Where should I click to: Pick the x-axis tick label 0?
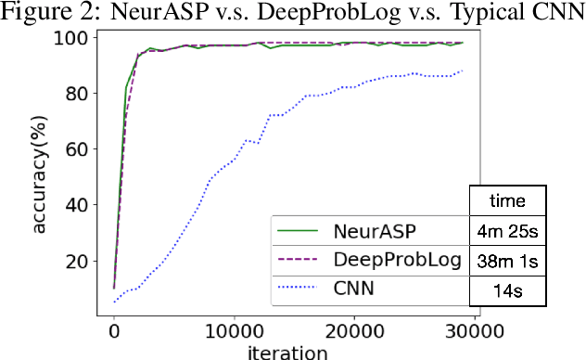pos(114,330)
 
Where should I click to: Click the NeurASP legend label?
pos(375,230)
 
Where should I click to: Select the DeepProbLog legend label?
pos(389,260)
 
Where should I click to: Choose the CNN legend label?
pos(353,289)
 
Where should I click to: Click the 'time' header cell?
pos(507,199)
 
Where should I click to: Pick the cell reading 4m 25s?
pos(507,230)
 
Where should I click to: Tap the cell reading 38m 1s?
pos(507,260)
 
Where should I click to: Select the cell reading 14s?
pos(507,289)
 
